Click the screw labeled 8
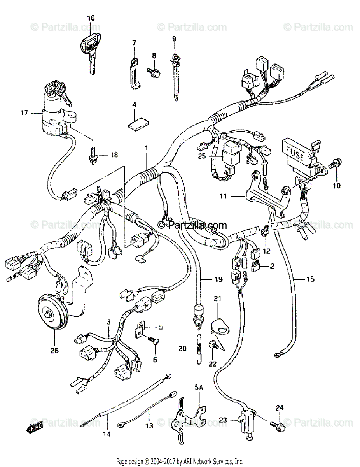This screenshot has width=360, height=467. [x=152, y=71]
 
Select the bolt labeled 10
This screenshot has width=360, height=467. [x=332, y=164]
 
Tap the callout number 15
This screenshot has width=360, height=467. [x=310, y=279]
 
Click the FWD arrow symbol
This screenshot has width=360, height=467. [x=35, y=427]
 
